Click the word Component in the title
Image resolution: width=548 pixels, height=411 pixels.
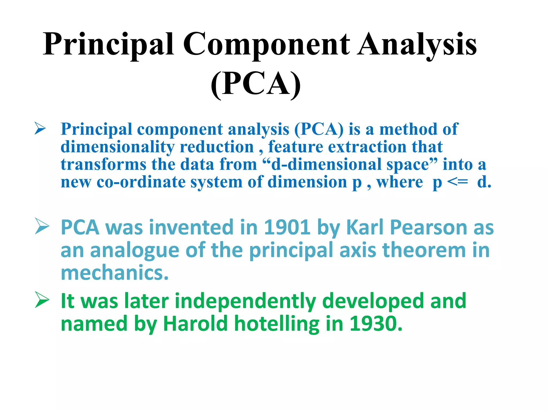click(x=266, y=44)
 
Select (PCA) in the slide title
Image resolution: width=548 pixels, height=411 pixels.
click(x=256, y=84)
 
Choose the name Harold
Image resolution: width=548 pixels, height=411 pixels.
click(x=195, y=324)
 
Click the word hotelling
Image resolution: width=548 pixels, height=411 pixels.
click(x=277, y=324)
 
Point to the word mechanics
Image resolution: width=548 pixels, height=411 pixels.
click(x=115, y=273)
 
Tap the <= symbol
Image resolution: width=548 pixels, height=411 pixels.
click(x=458, y=182)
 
